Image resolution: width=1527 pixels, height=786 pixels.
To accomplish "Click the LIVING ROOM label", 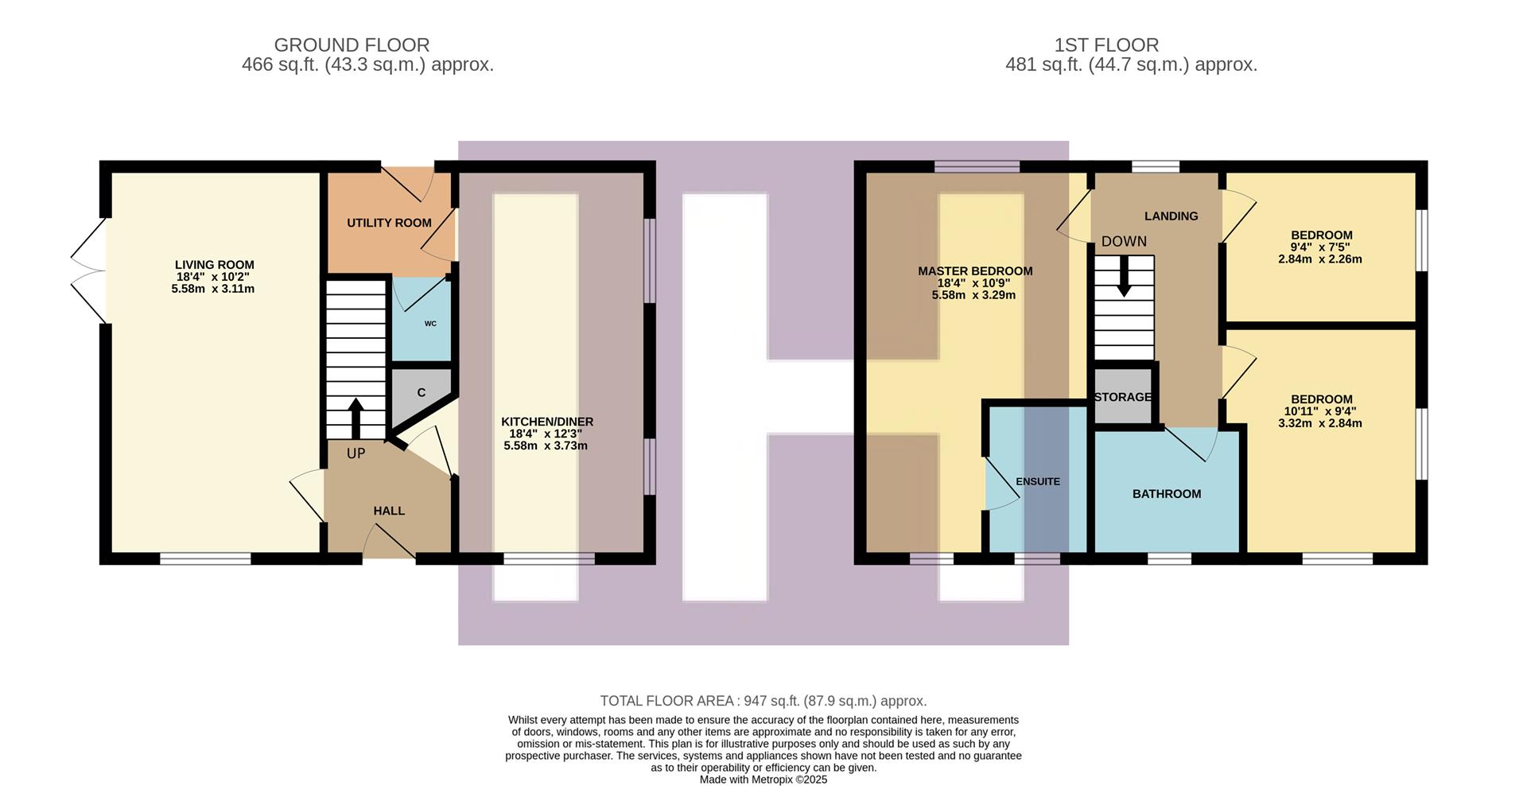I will click(214, 265).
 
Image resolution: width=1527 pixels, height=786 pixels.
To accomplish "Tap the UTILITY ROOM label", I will click(389, 223).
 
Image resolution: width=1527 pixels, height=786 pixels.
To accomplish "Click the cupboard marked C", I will click(421, 392).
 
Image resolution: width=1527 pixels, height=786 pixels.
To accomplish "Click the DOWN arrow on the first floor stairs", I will click(1123, 278).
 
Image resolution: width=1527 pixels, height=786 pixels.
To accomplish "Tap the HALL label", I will click(389, 511).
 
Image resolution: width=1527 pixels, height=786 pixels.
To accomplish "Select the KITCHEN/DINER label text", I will click(546, 422).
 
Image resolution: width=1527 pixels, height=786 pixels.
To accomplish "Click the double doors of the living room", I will click(89, 270).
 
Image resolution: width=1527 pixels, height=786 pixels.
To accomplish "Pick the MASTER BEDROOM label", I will click(975, 271).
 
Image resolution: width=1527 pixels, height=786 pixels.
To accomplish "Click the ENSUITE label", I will click(1037, 481).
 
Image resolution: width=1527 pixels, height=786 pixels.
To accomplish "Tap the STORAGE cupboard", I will click(1122, 397).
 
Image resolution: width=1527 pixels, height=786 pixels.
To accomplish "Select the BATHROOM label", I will click(1166, 494).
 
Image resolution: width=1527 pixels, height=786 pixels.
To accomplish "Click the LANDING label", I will click(1171, 216).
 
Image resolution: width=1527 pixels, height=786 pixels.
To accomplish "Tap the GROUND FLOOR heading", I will click(352, 45).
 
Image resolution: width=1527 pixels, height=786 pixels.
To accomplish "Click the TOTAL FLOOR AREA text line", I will click(763, 701).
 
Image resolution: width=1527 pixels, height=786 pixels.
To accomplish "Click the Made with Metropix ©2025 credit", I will click(763, 780).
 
